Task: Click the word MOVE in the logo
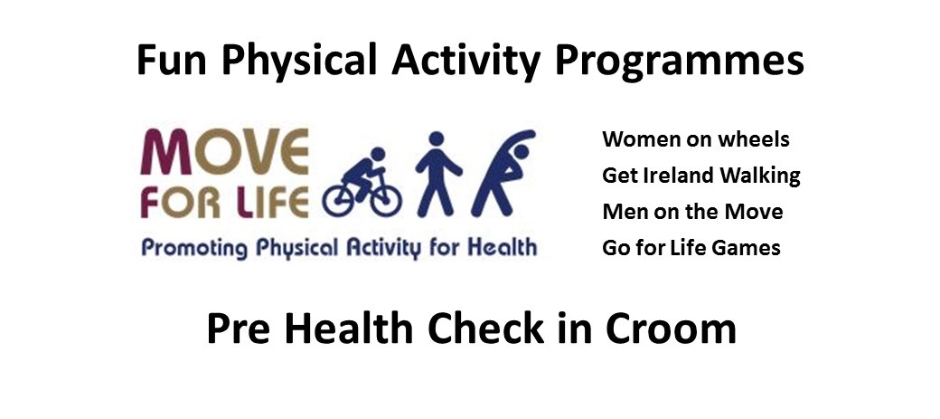pyautogui.click(x=224, y=152)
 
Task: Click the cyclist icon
pyautogui.click(x=362, y=182)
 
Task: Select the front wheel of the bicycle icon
pyautogui.click(x=385, y=200)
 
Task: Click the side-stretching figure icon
pyautogui.click(x=503, y=173)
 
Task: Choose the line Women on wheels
pyautogui.click(x=696, y=139)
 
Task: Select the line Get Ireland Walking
pyautogui.click(x=701, y=176)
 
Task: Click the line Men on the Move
pyautogui.click(x=692, y=211)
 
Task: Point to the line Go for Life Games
pyautogui.click(x=691, y=247)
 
